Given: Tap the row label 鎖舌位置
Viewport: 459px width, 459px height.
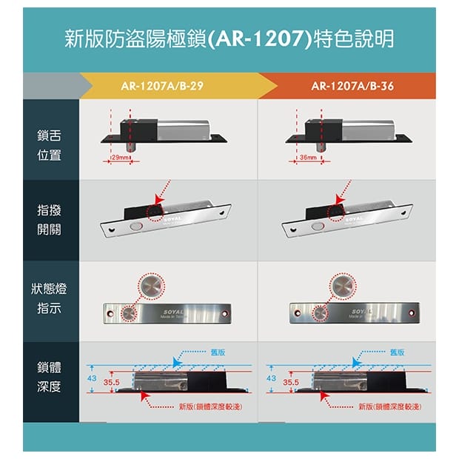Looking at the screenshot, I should coord(49,145).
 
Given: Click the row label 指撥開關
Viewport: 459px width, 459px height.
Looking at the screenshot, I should coord(49,220).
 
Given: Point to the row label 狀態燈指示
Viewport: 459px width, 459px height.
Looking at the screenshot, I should coord(49,298).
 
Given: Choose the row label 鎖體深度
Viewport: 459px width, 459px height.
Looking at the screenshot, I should coord(49,377).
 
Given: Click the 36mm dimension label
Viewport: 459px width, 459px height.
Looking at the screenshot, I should coord(307,158).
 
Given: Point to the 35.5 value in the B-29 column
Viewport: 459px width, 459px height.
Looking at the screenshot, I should coord(112,383).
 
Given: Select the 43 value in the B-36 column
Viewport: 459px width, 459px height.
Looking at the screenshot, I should coord(270,378).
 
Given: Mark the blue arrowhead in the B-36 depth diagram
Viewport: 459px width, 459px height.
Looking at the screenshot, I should coord(355,363).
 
